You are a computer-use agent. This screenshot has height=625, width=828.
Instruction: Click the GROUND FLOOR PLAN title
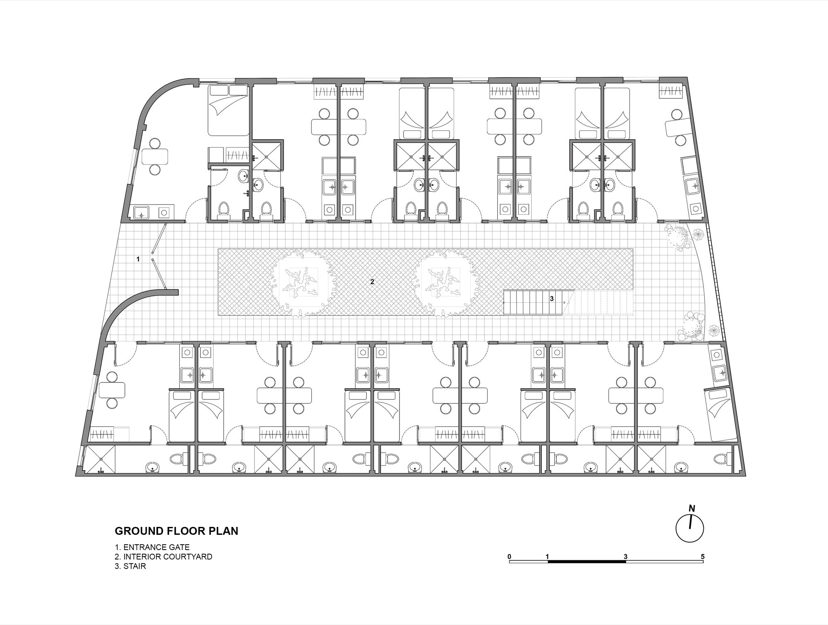coord(176,531)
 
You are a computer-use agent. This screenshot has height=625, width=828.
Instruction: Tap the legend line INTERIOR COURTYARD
coord(164,557)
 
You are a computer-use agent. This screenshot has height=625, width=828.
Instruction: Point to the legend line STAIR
coord(130,566)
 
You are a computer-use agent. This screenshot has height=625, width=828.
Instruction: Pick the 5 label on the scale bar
coord(703,557)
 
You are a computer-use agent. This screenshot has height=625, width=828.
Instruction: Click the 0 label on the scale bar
coord(509,557)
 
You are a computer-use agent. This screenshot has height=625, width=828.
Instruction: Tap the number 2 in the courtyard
coord(372,282)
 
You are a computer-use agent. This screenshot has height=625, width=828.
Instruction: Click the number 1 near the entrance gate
coord(138,259)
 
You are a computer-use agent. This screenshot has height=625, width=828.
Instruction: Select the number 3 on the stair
coord(552,298)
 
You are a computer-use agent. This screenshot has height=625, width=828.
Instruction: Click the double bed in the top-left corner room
coord(228,110)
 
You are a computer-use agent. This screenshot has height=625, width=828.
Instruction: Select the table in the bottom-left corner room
coord(112,390)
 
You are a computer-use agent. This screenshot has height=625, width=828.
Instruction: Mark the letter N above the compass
coord(691,509)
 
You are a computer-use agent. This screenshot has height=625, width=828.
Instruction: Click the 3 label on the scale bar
coord(625,557)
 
